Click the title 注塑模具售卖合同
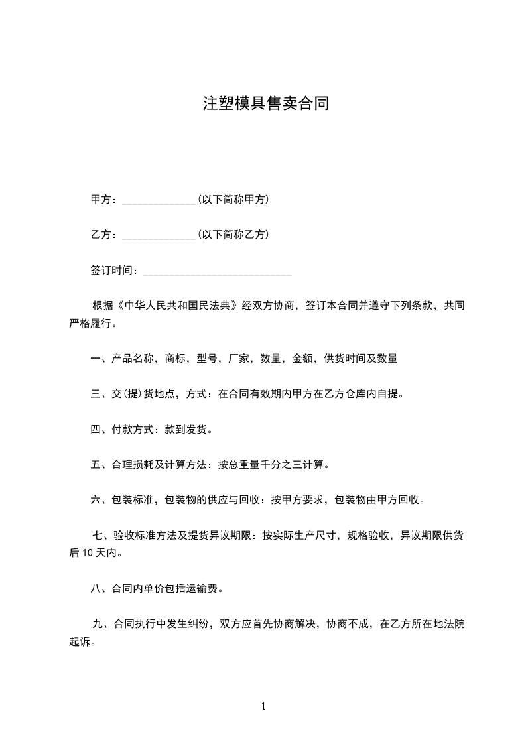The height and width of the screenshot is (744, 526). tap(265, 104)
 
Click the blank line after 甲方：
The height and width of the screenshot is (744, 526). tap(159, 200)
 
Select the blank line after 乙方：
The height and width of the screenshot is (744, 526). tap(159, 235)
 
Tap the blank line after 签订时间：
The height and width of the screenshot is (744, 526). tap(218, 271)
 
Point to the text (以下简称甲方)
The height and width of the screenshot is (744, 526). tap(233, 200)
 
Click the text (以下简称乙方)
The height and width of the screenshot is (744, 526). tap(233, 235)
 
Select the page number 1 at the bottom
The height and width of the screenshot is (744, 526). tap(263, 707)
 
